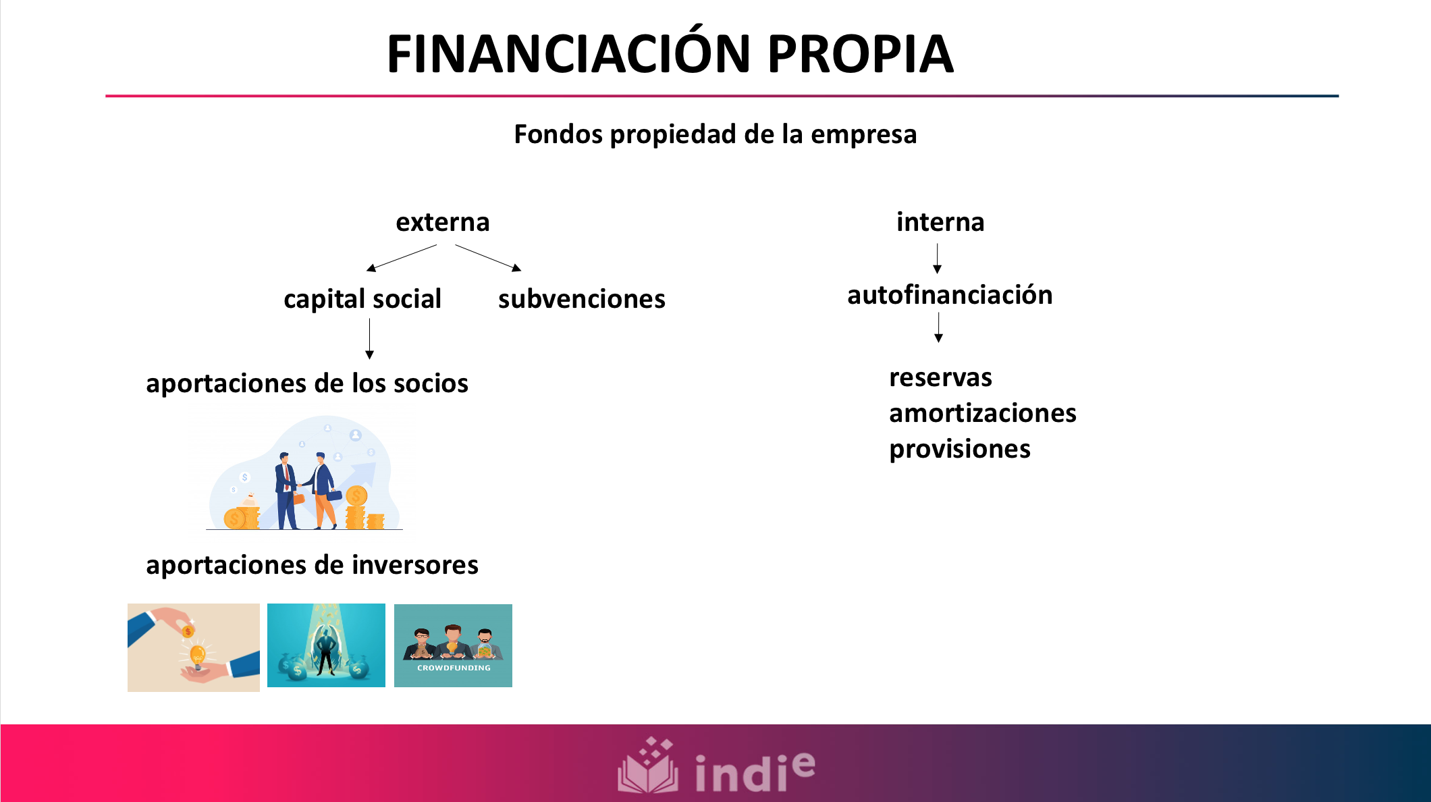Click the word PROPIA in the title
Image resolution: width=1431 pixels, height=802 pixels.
[x=860, y=54]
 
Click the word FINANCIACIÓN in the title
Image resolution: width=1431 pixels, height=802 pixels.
[x=568, y=54]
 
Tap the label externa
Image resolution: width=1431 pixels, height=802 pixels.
[x=442, y=222]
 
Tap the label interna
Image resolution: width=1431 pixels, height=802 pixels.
[x=940, y=222]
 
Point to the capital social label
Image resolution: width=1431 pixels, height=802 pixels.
[x=362, y=299]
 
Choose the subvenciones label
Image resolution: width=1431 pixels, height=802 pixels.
[x=581, y=299]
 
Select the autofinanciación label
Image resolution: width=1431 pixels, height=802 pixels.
[x=950, y=295]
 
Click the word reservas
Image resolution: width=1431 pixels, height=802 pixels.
[x=940, y=377]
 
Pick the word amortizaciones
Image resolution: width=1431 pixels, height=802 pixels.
[x=982, y=413]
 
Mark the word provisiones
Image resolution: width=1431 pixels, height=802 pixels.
[x=959, y=449]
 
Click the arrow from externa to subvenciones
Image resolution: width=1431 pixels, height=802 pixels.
[x=488, y=258]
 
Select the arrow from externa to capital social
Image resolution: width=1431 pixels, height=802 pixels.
[x=402, y=258]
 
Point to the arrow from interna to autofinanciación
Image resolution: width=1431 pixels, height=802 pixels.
[x=937, y=259]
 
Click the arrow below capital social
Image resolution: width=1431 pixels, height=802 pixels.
[x=369, y=339]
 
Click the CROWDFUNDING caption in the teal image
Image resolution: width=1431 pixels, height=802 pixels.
[x=454, y=668]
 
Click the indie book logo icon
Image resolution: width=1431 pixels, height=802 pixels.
[x=647, y=768]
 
